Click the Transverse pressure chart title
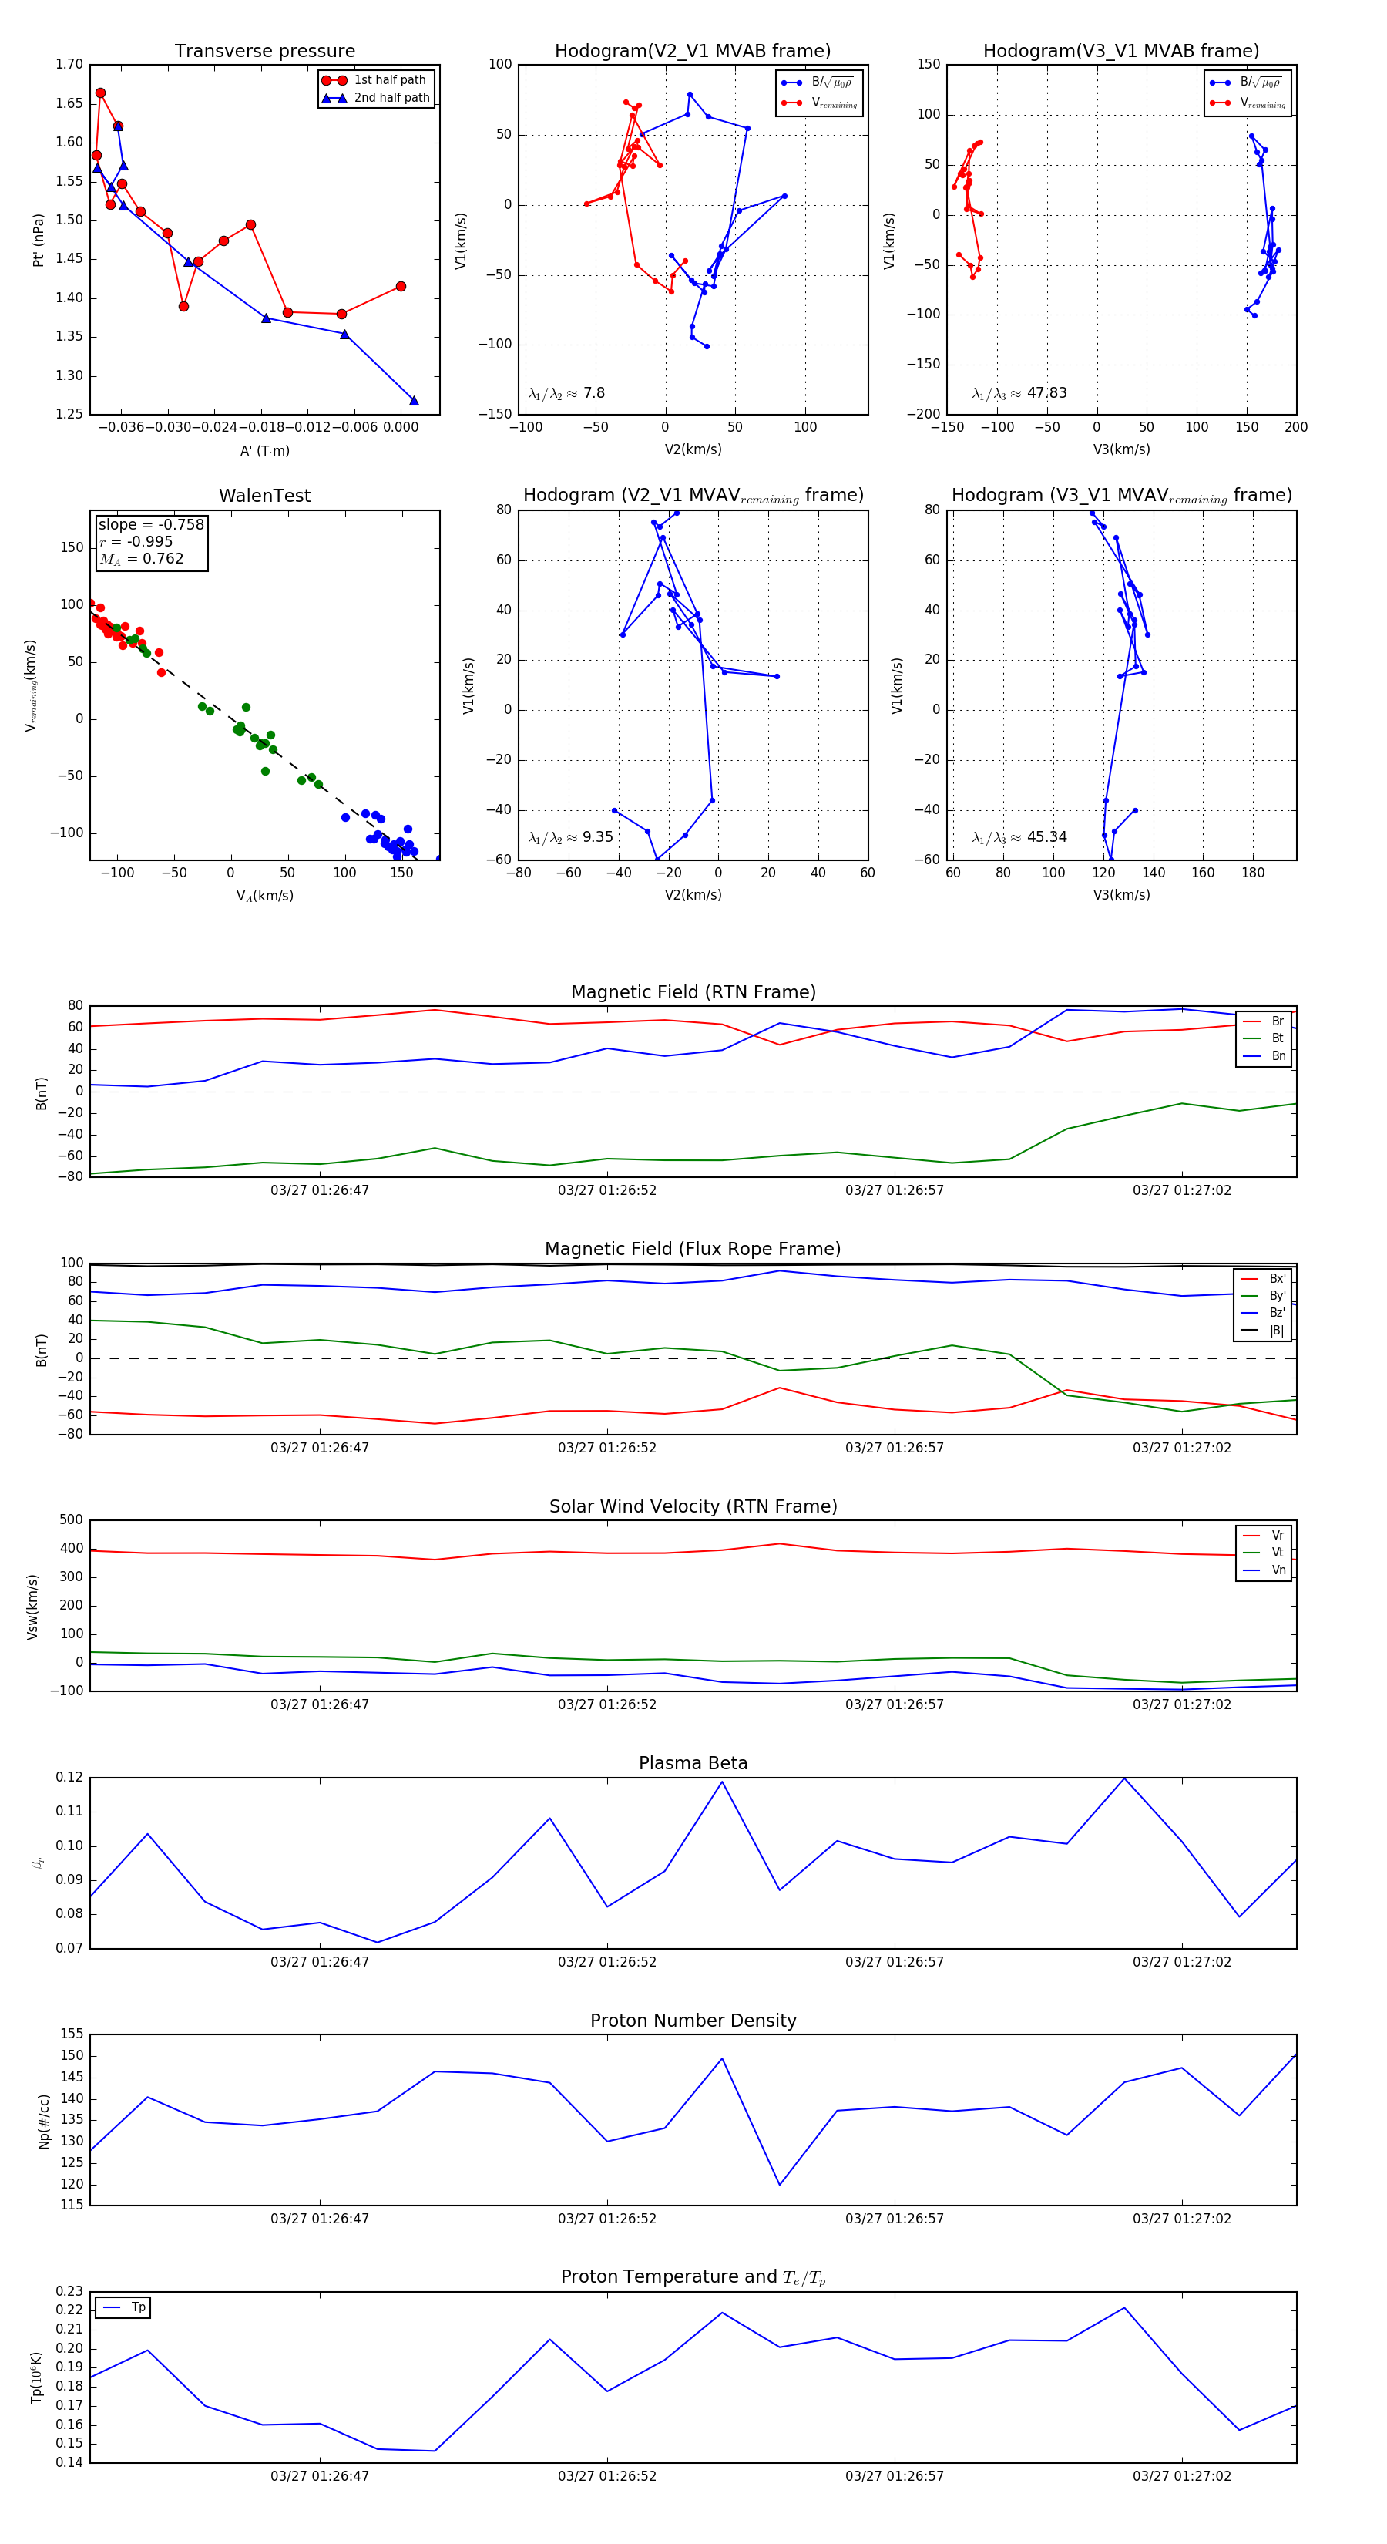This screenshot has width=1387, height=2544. pyautogui.click(x=264, y=52)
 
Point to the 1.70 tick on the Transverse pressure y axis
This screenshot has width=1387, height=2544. pyautogui.click(x=69, y=64)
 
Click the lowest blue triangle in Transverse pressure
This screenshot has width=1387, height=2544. pyautogui.click(x=414, y=401)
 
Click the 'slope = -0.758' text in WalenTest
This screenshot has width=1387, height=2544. pyautogui.click(x=151, y=524)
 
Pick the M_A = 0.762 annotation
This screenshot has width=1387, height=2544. pyautogui.click(x=141, y=559)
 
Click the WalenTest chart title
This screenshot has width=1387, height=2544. pyautogui.click(x=264, y=496)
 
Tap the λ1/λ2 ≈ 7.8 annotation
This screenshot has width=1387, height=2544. pyautogui.click(x=566, y=393)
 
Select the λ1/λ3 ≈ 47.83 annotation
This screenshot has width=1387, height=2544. pyautogui.click(x=1019, y=393)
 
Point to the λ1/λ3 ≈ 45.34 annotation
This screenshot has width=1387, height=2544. pyautogui.click(x=1019, y=837)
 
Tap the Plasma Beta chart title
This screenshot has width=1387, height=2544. pyautogui.click(x=693, y=1764)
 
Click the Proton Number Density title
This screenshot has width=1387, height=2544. pyautogui.click(x=693, y=2021)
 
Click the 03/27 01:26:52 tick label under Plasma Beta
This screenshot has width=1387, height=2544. pyautogui.click(x=607, y=1962)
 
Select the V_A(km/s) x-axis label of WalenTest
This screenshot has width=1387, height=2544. pyautogui.click(x=264, y=896)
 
